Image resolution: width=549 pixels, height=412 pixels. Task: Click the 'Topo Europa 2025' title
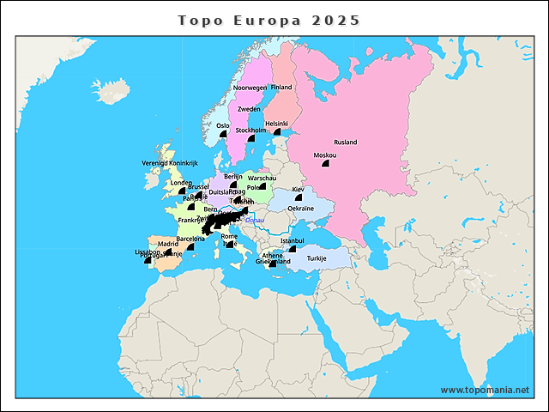pos(268,20)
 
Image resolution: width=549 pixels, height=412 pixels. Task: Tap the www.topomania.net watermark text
pos(485,390)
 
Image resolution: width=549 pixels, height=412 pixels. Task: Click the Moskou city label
pos(325,155)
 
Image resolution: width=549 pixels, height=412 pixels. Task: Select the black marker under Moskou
pos(325,166)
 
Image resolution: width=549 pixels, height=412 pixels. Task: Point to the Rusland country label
pos(346,142)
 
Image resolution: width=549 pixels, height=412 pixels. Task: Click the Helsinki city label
pos(277,124)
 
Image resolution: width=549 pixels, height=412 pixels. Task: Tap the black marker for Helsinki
pos(277,133)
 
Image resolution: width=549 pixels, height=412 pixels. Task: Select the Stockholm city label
pos(251,130)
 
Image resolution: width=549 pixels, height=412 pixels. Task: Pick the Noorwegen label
pos(250,88)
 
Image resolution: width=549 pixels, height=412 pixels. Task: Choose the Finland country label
pos(281,88)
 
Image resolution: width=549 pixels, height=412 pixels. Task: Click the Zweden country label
pos(249,110)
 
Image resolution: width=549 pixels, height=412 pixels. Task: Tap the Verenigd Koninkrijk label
pos(170,163)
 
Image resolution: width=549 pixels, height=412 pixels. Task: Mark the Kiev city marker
pos(299,198)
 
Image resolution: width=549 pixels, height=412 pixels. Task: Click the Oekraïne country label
pos(300,209)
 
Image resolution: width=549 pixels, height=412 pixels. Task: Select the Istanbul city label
pos(292,240)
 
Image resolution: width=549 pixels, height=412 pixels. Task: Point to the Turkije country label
pos(317,258)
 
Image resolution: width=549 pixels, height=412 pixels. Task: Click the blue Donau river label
pos(256,220)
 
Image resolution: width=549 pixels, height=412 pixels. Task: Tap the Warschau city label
pos(262,179)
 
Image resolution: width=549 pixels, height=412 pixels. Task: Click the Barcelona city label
pos(190,239)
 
